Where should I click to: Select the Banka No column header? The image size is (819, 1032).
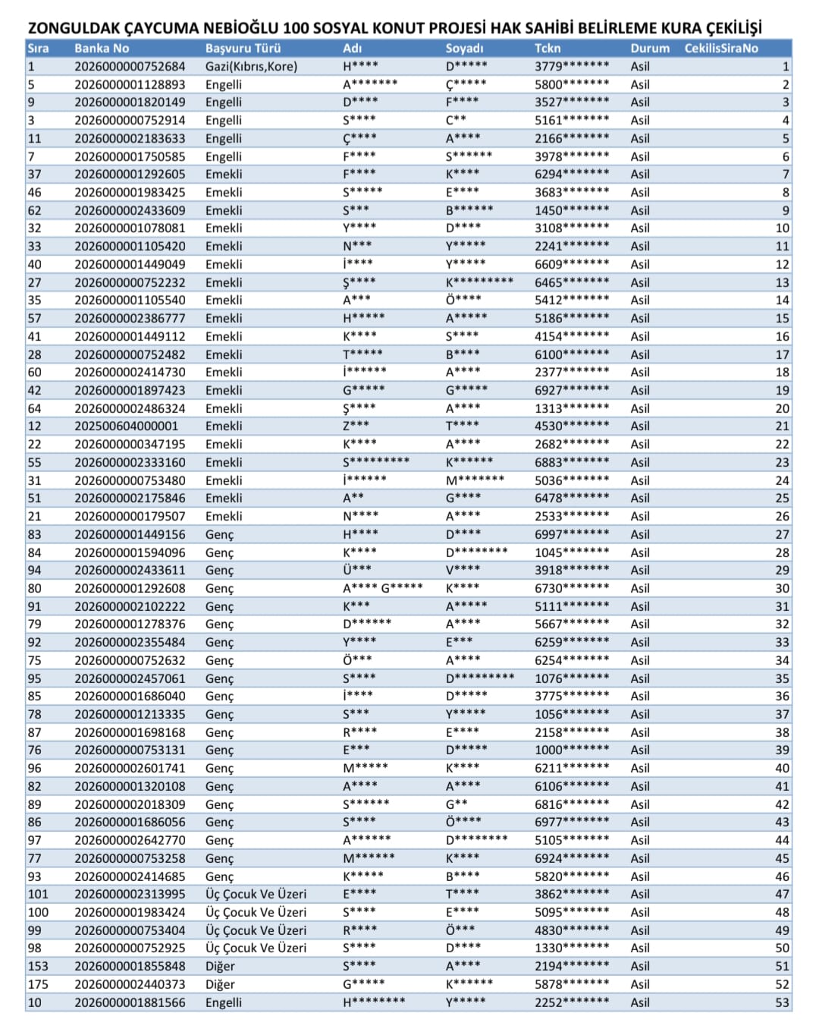pos(102,48)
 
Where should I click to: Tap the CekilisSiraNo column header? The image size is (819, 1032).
pos(720,48)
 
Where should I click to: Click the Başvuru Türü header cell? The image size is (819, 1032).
pos(243,48)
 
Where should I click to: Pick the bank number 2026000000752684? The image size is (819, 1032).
pos(130,66)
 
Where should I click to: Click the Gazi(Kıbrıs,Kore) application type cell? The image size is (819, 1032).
pos(251,66)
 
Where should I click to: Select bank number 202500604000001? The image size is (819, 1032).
pos(126,426)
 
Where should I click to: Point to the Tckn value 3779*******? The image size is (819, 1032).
pos(571,66)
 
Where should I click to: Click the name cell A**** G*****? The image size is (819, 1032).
pos(382,588)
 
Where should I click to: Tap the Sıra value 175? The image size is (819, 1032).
pos(38,984)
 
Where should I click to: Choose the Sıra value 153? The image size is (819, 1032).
pos(38,966)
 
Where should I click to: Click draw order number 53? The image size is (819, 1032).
pos(782,1002)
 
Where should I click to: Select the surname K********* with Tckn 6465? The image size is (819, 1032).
pos(479,282)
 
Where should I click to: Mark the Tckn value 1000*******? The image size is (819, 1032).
pos(571,750)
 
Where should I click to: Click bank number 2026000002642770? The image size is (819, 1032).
pos(130,840)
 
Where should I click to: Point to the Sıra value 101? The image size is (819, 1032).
pos(38,894)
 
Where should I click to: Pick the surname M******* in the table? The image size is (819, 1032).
pos(475,480)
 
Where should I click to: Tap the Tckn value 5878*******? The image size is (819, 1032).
pos(571,984)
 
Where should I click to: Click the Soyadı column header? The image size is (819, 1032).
pos(464,48)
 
